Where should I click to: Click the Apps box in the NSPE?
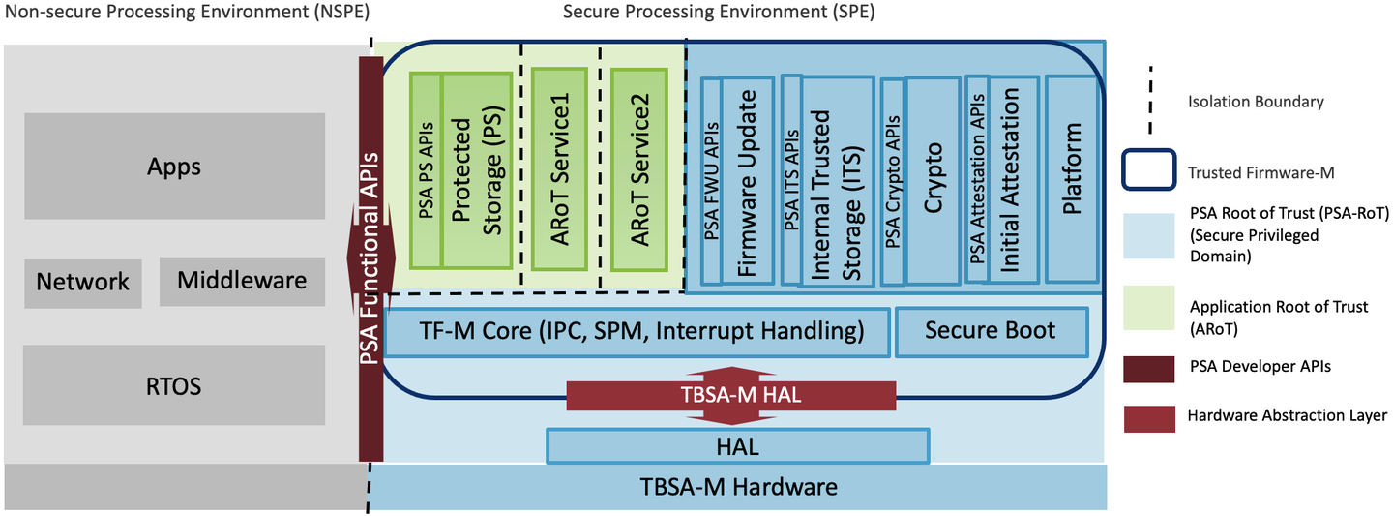[x=174, y=166]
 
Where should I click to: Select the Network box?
[x=82, y=282]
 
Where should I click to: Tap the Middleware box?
[x=242, y=281]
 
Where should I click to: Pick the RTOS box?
[x=174, y=385]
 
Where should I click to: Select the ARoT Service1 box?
[x=557, y=169]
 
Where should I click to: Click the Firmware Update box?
[x=749, y=179]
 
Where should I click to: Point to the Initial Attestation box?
[x=1012, y=179]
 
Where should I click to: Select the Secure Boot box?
[x=991, y=331]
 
